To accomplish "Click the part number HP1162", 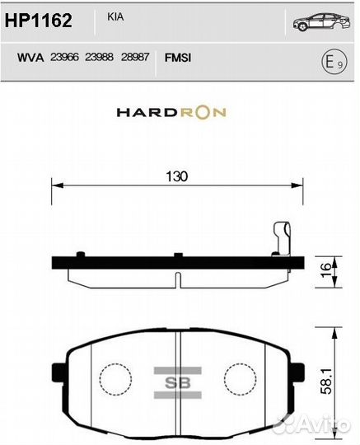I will tap(39, 20).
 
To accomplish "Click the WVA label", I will tap(30, 58).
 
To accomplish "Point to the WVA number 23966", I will tap(65, 58).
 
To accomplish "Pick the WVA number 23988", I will tap(100, 58).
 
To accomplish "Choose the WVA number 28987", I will tap(134, 58).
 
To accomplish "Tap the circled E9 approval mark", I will tap(328, 60).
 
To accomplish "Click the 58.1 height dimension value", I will tap(326, 380).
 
